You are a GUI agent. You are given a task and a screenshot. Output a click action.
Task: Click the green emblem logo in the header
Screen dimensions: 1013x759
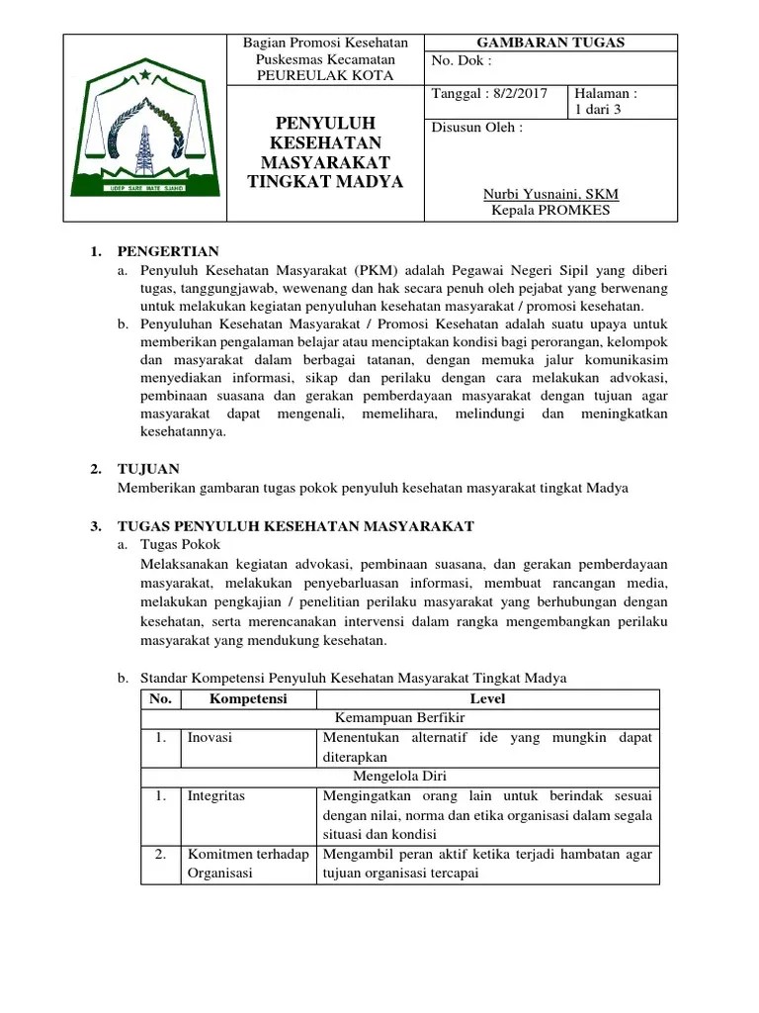(145, 129)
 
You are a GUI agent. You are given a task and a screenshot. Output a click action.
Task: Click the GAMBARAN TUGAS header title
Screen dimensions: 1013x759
(551, 43)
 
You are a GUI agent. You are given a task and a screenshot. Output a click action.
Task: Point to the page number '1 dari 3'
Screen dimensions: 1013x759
(597, 110)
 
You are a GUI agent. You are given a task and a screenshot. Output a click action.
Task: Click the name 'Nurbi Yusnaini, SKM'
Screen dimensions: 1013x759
(550, 194)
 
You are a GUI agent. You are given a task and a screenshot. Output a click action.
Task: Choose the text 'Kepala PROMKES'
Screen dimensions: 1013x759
(550, 210)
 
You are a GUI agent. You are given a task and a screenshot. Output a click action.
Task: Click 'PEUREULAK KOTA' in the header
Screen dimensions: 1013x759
(325, 75)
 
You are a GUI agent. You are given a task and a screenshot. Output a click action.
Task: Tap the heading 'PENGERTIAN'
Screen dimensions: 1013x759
(168, 252)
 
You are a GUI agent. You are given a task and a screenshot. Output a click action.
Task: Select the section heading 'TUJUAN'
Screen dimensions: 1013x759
(148, 469)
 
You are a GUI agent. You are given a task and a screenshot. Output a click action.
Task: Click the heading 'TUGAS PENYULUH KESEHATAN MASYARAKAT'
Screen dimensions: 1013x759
(295, 525)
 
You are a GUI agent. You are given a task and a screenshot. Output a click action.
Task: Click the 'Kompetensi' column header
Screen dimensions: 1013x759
(248, 699)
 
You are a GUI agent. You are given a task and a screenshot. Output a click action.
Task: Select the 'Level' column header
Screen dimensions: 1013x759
(487, 699)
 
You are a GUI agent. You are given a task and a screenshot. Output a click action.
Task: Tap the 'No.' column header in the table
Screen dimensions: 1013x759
(160, 699)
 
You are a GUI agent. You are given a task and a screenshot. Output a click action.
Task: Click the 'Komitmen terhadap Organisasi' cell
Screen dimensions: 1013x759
(247, 863)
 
